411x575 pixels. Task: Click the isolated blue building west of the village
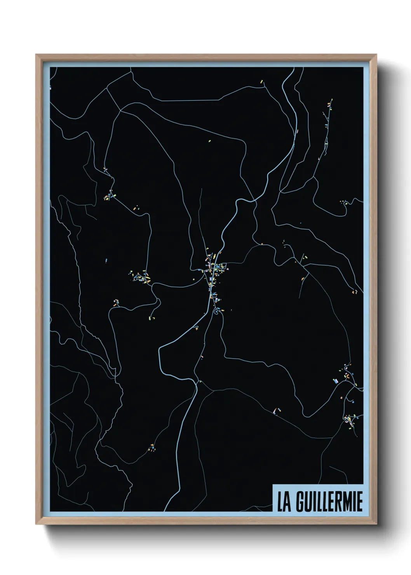pos(106,260)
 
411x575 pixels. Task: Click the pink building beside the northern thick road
pos(298,131)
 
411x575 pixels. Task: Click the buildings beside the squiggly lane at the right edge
pos(344,202)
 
